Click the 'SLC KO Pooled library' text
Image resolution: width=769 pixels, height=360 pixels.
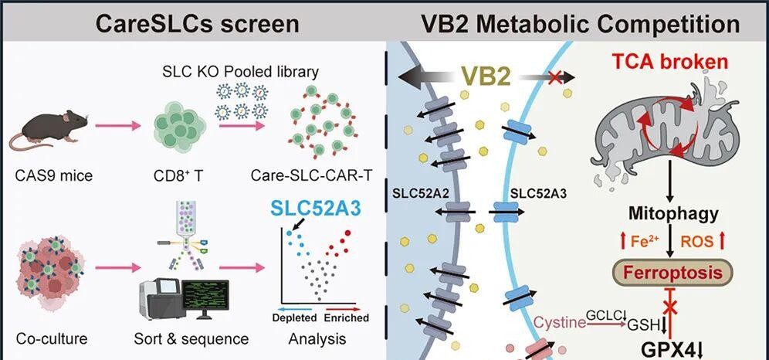click(240, 72)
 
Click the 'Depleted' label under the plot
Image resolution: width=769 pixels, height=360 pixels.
click(294, 318)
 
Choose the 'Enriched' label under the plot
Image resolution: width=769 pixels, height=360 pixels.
click(347, 318)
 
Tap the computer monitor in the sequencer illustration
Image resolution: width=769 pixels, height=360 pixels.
click(205, 295)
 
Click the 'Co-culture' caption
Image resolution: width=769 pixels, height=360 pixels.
click(52, 338)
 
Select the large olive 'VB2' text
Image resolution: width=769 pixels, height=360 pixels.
click(486, 76)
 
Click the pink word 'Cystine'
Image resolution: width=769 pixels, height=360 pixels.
click(560, 322)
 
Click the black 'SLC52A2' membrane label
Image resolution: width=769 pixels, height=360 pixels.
click(422, 193)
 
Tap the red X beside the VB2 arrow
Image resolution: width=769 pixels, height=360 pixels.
click(555, 77)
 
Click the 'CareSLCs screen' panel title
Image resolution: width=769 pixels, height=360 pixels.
click(197, 24)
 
